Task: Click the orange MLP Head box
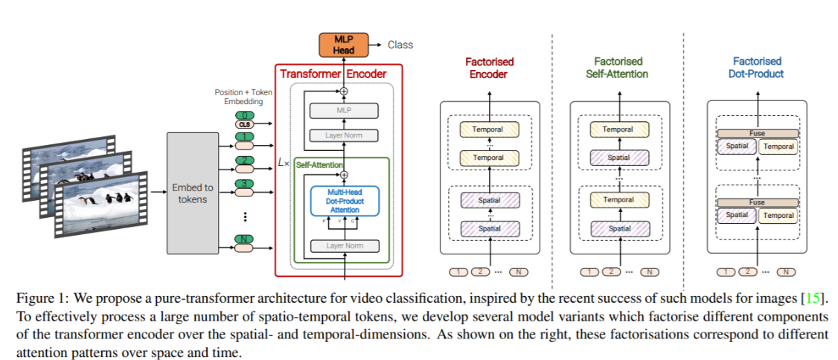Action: pos(344,45)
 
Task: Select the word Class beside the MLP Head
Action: pos(400,45)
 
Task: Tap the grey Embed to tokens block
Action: pos(193,192)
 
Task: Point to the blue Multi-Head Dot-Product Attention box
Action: pos(344,201)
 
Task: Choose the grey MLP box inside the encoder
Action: pos(344,111)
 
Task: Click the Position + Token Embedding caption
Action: pos(243,97)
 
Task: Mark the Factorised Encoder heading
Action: pos(489,68)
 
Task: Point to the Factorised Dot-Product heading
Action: pos(757,68)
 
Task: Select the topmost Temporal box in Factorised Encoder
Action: pos(488,129)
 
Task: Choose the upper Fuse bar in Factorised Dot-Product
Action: pos(757,134)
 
